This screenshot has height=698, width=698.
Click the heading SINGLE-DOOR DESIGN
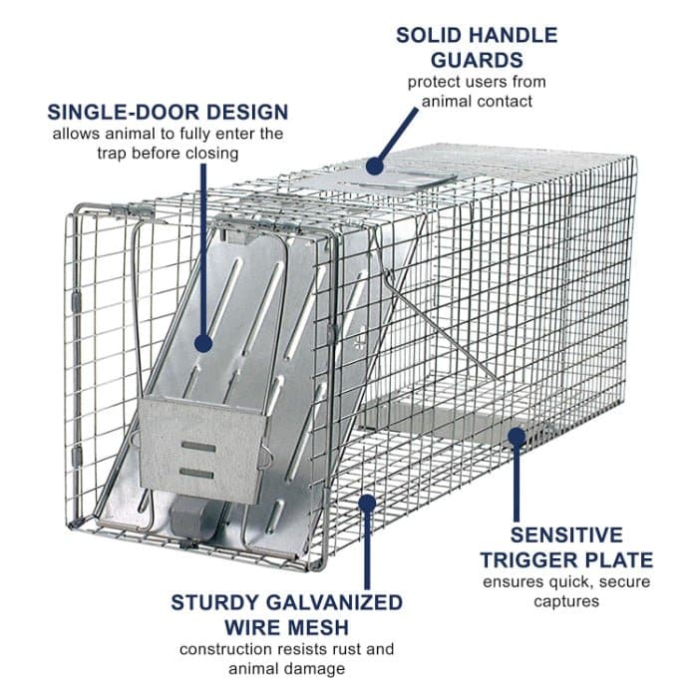[168, 112]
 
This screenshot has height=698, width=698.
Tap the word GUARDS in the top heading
[477, 60]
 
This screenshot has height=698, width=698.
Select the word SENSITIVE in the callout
[566, 535]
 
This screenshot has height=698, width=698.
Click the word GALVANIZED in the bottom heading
[336, 602]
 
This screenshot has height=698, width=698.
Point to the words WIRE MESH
[287, 627]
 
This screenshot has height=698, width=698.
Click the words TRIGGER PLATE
[566, 560]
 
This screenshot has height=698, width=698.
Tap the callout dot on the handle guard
[375, 167]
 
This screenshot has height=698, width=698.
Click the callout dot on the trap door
[203, 344]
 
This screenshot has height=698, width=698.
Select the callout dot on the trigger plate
[517, 437]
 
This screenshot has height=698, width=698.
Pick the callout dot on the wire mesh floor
[367, 503]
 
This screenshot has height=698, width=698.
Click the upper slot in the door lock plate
[198, 447]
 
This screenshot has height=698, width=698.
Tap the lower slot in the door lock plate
[196, 474]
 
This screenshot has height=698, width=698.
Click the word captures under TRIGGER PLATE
[566, 602]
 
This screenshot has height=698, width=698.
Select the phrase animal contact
[477, 102]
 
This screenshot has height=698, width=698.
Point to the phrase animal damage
[287, 669]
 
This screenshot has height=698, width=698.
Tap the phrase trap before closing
[168, 154]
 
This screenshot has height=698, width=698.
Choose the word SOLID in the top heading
[422, 35]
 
